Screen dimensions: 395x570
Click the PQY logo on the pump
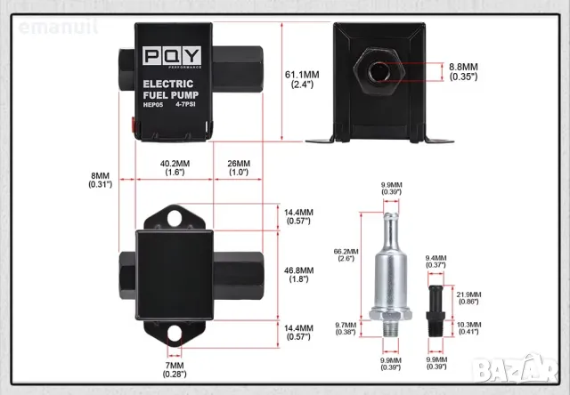coord(173,59)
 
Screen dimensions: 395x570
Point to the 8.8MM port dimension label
coord(463,71)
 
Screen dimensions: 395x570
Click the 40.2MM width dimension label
coord(175,168)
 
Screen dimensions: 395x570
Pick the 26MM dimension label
coord(238,168)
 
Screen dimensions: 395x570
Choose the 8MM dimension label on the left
coord(99,179)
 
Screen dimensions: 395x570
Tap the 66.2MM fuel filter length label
coord(346,256)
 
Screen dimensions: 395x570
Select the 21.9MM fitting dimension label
coord(468,299)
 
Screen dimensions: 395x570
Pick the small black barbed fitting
coord(436,302)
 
